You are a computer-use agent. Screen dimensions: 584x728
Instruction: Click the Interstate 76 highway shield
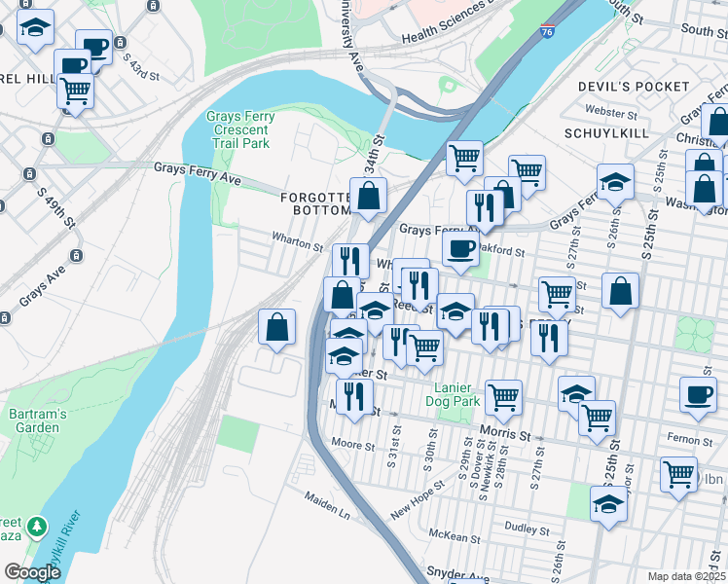(x=549, y=33)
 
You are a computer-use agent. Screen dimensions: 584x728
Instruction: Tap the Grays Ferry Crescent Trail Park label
(x=240, y=130)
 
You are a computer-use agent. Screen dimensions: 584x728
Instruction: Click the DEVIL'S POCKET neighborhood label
(x=633, y=87)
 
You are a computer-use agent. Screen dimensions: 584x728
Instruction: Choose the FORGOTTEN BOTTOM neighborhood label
(x=315, y=203)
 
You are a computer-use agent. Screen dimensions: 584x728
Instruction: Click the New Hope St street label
(x=416, y=506)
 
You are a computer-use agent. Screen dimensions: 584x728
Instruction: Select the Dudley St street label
(x=527, y=527)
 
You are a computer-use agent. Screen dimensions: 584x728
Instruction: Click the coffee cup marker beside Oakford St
(x=460, y=247)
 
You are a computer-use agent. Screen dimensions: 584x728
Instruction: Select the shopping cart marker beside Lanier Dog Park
(x=503, y=394)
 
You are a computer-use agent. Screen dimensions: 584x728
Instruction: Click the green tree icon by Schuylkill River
(x=37, y=527)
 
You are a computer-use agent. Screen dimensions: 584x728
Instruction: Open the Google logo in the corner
(x=33, y=572)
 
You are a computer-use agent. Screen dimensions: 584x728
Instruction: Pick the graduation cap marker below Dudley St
(x=608, y=504)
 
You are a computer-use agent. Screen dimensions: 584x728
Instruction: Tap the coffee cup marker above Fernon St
(x=698, y=393)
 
